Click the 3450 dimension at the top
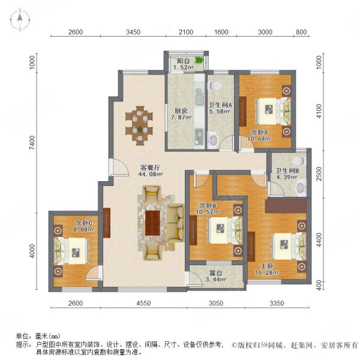pyautogui.click(x=133, y=31)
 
